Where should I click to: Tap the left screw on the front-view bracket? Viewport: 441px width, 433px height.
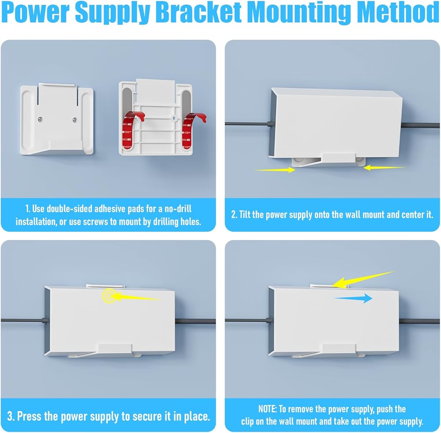pyautogui.click(x=41, y=119)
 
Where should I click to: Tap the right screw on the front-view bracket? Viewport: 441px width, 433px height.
pyautogui.click(x=75, y=119)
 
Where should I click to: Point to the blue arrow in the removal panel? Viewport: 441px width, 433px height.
pyautogui.click(x=353, y=299)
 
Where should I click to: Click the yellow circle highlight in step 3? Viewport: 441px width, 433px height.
pyautogui.click(x=108, y=296)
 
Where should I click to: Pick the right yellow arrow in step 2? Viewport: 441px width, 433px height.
pyautogui.click(x=384, y=167)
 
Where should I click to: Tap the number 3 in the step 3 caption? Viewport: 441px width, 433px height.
pyautogui.click(x=10, y=416)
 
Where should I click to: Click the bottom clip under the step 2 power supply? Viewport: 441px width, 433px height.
pyautogui.click(x=337, y=158)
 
